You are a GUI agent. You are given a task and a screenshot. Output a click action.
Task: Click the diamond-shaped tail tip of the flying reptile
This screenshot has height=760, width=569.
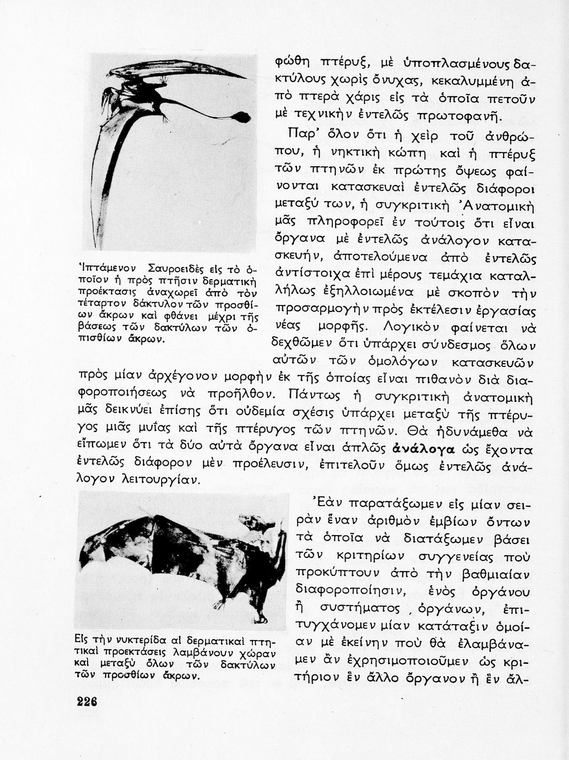click(243, 117)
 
